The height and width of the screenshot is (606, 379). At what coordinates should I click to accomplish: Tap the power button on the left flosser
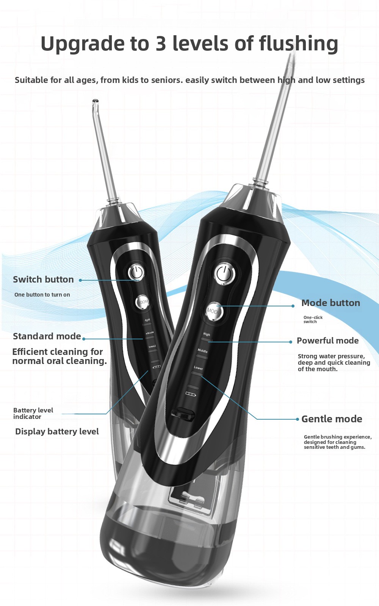(136, 272)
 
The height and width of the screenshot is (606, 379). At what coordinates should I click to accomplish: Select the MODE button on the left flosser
(143, 301)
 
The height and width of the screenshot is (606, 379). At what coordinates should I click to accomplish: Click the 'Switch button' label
(43, 279)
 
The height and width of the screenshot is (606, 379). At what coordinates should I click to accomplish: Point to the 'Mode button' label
(331, 303)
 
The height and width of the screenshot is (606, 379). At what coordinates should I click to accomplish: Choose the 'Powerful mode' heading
(327, 340)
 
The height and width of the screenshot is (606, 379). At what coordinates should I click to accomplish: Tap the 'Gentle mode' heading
(332, 419)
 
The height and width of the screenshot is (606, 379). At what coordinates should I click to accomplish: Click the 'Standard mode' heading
(47, 336)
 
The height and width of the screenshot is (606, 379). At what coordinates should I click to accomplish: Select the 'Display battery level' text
(57, 431)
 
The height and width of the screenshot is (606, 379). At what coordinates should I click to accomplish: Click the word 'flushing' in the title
(299, 44)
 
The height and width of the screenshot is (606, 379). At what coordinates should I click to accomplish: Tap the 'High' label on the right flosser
(207, 334)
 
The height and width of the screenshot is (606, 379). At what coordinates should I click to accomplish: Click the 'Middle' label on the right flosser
(202, 351)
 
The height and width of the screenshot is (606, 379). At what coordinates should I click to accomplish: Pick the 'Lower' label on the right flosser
(198, 368)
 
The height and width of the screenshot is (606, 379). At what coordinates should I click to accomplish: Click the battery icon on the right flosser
(191, 394)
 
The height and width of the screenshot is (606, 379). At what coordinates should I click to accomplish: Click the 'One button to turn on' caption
(42, 295)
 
